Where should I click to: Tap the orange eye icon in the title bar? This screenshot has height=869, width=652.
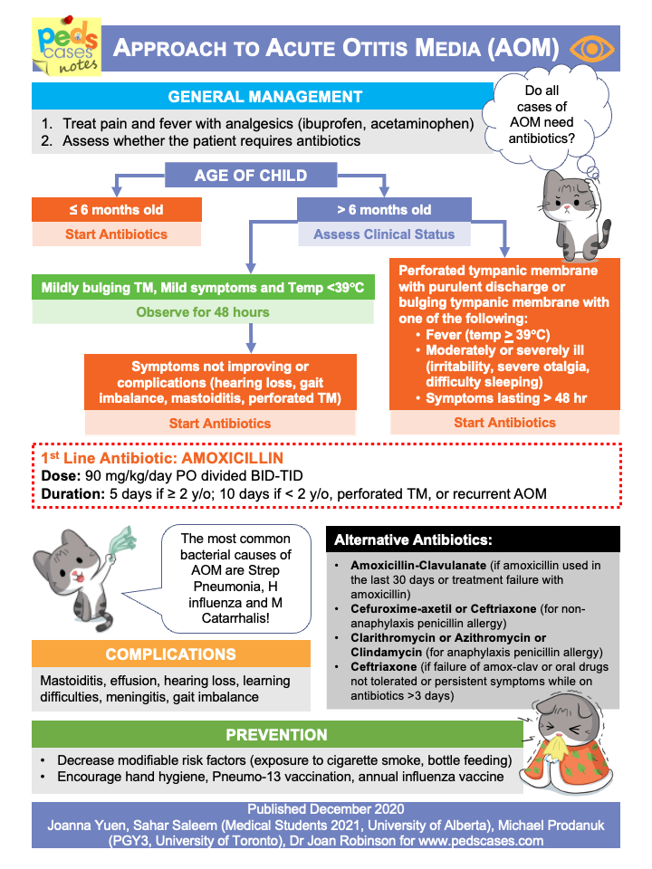pos(593,48)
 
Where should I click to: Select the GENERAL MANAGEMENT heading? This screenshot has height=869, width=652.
pos(265,97)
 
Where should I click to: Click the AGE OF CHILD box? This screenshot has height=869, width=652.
pos(251,175)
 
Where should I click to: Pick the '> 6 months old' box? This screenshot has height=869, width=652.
pos(384,210)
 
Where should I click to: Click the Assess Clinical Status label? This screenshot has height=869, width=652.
pos(384,234)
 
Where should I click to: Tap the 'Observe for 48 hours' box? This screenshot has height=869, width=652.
pos(203,312)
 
